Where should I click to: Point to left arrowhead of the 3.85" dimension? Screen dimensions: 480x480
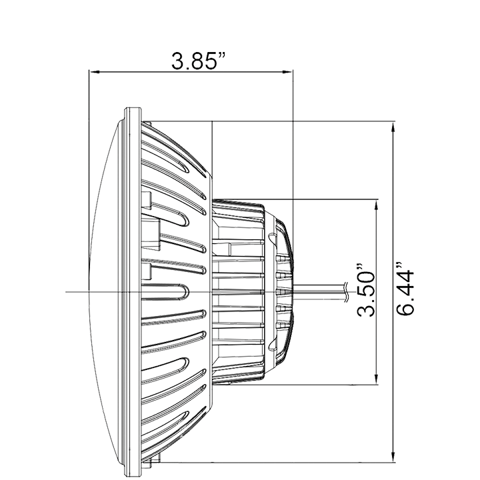click(x=93, y=69)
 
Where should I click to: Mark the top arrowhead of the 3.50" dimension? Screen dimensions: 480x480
click(x=377, y=202)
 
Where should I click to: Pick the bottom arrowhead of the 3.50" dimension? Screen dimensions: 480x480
click(x=377, y=383)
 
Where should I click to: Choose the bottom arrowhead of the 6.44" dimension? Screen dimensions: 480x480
click(x=393, y=459)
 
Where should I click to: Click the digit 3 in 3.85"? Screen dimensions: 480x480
click(x=178, y=65)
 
